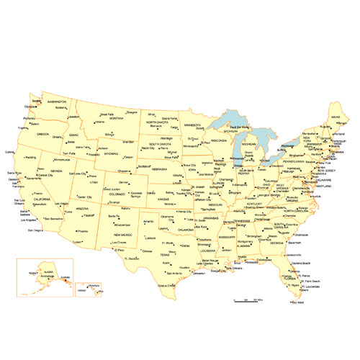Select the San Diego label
click(x=35, y=230)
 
